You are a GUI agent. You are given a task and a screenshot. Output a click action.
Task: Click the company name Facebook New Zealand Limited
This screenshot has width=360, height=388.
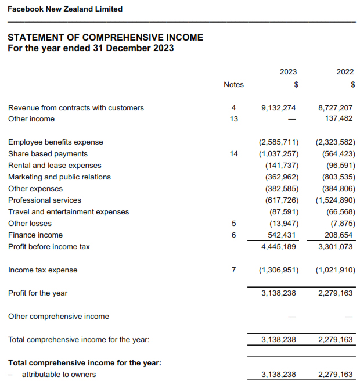coord(65,9)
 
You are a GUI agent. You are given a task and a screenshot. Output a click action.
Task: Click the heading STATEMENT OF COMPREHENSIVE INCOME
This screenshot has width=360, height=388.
coord(105,37)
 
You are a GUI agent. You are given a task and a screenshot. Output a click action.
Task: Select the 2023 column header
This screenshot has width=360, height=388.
coord(288,72)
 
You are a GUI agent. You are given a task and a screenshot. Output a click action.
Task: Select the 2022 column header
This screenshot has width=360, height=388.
coord(345,72)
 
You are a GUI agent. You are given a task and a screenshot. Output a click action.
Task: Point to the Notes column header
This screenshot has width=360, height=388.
coord(233,85)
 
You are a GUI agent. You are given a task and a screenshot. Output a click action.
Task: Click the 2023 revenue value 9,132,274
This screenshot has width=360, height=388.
coord(279,107)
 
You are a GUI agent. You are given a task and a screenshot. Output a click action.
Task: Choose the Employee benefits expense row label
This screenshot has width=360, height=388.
coord(55,142)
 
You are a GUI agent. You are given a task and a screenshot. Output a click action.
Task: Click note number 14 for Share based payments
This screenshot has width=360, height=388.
coord(233,154)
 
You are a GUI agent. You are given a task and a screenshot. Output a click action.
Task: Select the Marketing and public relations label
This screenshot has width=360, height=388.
coord(59,177)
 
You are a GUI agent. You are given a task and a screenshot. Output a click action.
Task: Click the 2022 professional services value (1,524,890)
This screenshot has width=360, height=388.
coord(335,200)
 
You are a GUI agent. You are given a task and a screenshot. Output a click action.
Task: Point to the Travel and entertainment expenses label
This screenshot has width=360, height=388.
coord(69,212)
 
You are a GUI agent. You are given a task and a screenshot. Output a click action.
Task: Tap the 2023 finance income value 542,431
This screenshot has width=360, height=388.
coord(282,235)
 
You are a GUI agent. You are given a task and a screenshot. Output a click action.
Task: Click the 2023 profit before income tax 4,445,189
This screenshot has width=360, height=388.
coord(279,247)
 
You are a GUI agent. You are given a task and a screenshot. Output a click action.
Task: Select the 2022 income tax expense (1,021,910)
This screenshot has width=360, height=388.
coord(335,270)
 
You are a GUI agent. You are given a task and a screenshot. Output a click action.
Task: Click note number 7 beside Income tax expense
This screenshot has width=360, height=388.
coord(233,270)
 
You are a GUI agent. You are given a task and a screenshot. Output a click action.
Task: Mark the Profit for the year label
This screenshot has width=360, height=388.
coord(38,293)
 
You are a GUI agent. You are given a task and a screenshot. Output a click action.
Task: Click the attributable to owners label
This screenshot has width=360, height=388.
coord(59,375)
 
